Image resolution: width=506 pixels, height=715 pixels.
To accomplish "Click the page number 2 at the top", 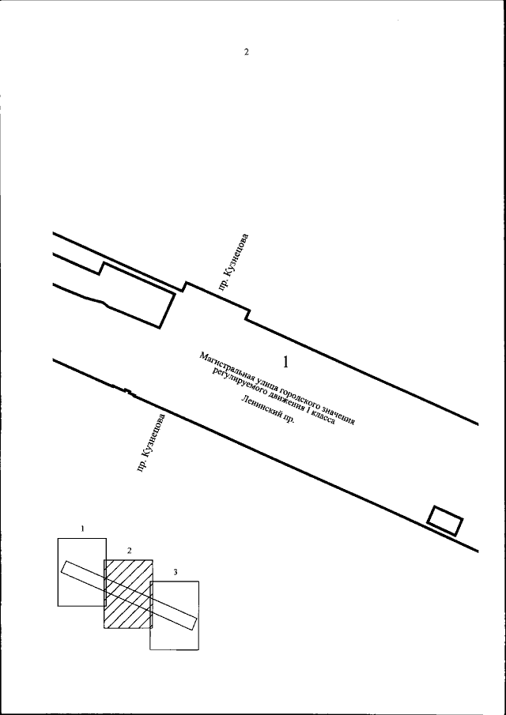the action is pyautogui.click(x=247, y=52).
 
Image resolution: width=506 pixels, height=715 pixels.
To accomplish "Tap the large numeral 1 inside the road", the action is pyautogui.click(x=285, y=362).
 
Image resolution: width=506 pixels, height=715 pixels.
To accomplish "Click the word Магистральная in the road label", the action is pyautogui.click(x=224, y=366).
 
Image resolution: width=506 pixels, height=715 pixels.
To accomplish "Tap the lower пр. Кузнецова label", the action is pyautogui.click(x=152, y=442).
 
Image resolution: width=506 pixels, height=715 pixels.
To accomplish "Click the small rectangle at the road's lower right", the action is pyautogui.click(x=445, y=521).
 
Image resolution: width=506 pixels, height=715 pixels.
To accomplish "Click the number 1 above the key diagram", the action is pyautogui.click(x=82, y=529).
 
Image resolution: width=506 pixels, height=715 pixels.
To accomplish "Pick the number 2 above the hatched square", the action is pyautogui.click(x=130, y=551).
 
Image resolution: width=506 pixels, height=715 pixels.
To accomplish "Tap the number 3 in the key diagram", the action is pyautogui.click(x=176, y=572).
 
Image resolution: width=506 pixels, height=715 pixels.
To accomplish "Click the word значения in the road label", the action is pyautogui.click(x=338, y=416).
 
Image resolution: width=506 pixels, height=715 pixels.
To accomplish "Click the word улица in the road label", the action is pyautogui.click(x=262, y=383).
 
